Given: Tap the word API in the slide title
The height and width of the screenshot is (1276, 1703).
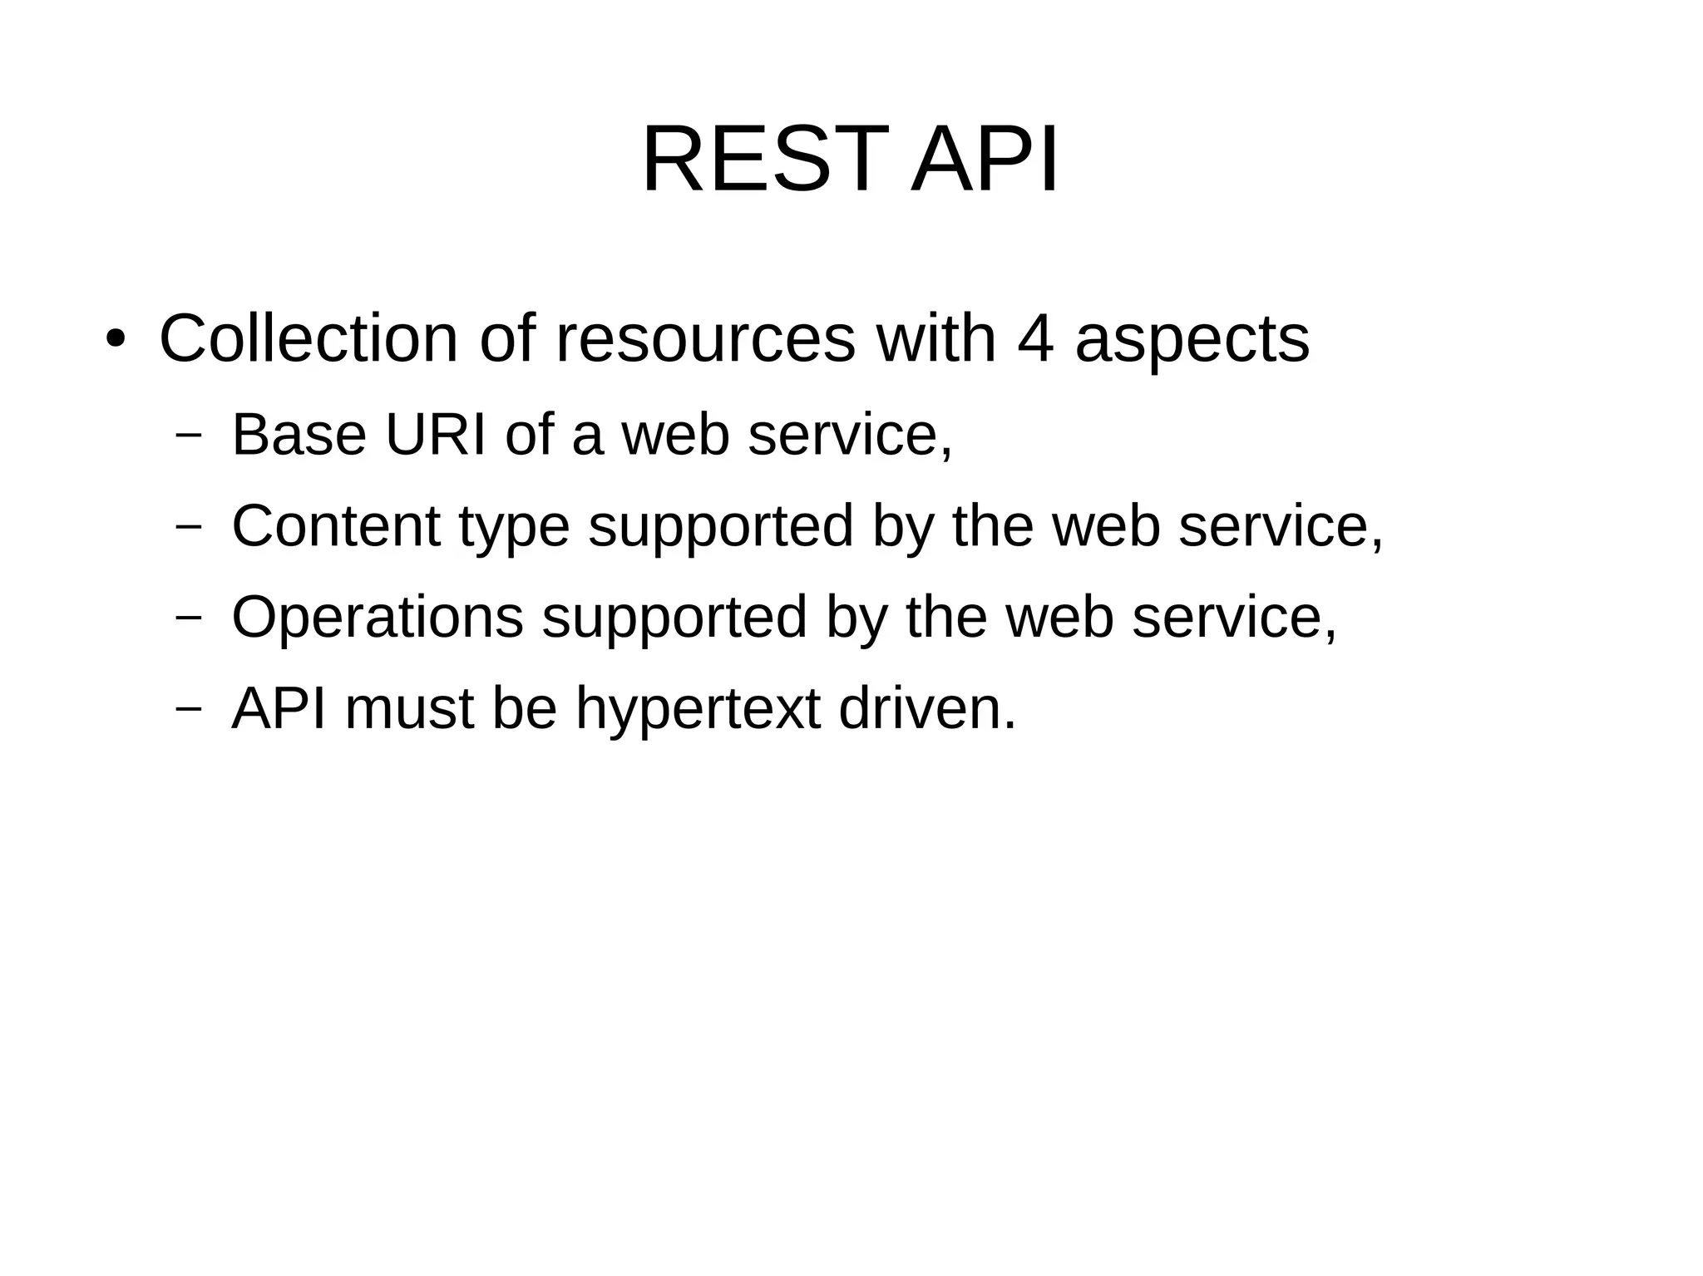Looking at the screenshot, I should [985, 160].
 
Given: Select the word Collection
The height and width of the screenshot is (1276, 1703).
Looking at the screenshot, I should [309, 339].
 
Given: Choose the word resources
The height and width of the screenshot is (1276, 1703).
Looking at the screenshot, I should [705, 339].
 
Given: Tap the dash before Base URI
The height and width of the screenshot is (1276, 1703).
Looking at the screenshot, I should [190, 435].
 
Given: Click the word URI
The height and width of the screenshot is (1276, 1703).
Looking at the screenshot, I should [436, 435].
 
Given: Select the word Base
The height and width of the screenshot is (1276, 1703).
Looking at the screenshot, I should [299, 435].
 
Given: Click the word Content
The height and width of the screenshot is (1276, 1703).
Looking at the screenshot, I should [336, 526].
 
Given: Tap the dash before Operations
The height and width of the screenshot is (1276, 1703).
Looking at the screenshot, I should [190, 618].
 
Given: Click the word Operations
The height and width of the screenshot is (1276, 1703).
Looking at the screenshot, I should [378, 619].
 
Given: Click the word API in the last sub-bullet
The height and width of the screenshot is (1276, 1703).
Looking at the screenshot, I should [279, 709].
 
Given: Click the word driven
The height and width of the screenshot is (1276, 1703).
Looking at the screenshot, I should [926, 709].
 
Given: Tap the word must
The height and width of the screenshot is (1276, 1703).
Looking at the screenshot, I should [409, 711].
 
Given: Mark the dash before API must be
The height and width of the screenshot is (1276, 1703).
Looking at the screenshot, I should [190, 709].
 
